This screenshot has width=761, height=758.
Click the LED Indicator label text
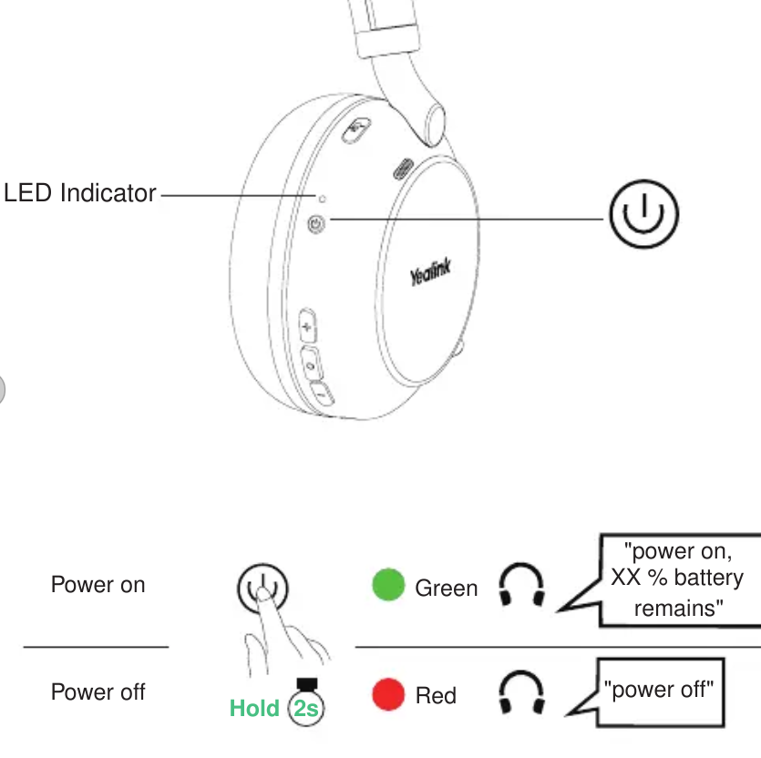(80, 193)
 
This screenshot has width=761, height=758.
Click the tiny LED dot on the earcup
(322, 197)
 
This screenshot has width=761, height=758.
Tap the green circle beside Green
(388, 586)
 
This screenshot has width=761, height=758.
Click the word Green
(447, 589)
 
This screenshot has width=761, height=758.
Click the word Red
(436, 696)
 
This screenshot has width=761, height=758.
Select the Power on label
(98, 585)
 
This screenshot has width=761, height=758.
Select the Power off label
(98, 691)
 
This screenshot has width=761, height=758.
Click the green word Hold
(254, 708)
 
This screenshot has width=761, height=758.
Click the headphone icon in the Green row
(522, 584)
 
